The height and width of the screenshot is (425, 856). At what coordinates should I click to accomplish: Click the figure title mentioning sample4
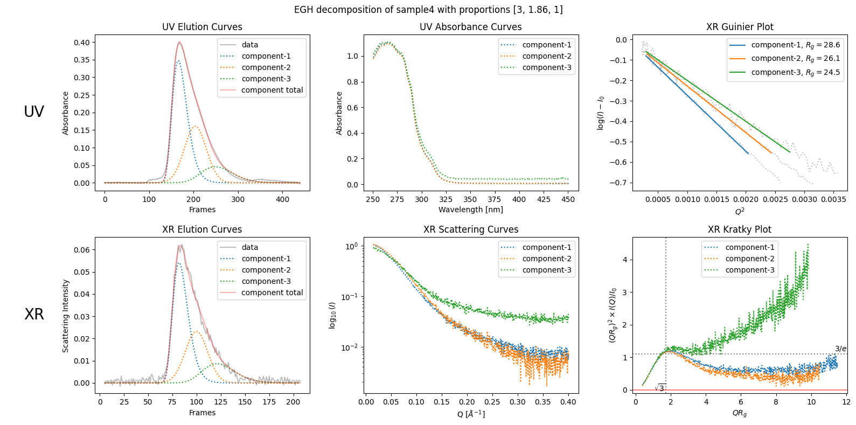[428, 10]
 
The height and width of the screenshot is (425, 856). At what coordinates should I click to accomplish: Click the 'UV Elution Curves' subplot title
[202, 27]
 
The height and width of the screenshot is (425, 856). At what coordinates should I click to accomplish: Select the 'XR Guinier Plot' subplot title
[739, 27]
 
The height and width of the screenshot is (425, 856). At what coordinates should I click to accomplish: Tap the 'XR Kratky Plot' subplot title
[739, 229]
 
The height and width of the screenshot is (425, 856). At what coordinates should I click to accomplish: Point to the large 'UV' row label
[34, 112]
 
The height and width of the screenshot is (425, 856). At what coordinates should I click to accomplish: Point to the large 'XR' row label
[34, 314]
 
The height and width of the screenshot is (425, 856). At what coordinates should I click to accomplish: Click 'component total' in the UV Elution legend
[272, 90]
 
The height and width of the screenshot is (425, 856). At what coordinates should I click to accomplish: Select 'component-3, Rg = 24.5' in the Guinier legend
[795, 72]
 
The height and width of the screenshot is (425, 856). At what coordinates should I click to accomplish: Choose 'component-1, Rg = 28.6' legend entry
[795, 45]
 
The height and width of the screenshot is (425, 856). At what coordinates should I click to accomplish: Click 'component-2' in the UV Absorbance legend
[546, 56]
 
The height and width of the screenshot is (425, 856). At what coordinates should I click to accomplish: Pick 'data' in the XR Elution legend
[249, 247]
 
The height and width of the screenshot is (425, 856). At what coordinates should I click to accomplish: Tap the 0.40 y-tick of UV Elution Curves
[82, 43]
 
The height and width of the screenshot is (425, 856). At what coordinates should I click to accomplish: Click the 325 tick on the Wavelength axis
[446, 199]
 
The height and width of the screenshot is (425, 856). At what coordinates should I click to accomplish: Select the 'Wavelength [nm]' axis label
[470, 210]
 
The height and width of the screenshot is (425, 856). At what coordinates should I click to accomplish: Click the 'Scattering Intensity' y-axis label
[66, 316]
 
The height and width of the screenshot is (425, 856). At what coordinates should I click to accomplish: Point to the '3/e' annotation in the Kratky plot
[840, 349]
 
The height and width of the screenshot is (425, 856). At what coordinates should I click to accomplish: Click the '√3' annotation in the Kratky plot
[660, 388]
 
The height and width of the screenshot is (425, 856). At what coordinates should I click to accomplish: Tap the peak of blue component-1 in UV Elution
[178, 61]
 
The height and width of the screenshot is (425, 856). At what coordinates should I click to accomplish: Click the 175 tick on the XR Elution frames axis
[269, 402]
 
